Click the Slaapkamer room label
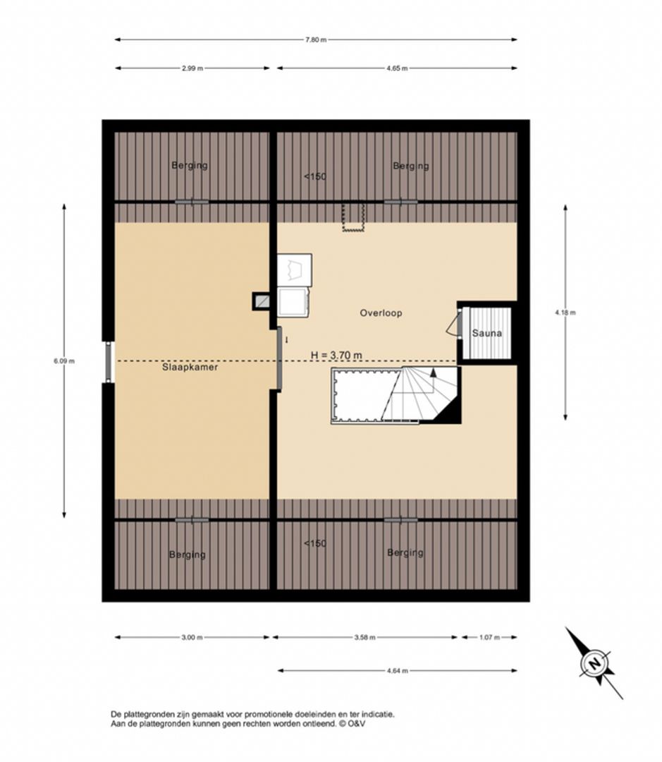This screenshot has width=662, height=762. coord(190,367)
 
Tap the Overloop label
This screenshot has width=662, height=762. coord(381,313)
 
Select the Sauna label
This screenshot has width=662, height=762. coord(486,333)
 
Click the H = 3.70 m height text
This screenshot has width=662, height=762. coord(336,355)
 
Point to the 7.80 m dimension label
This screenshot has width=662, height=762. coord(316,40)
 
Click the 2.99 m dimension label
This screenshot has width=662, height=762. coord(192,68)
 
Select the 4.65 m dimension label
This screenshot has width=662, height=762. coord(397,68)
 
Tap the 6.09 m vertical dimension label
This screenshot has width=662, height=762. coord(64,361)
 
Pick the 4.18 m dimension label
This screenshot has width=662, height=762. coord(565,313)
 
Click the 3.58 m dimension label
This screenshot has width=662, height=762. coord(364,638)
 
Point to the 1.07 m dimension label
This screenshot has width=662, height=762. coord(489,638)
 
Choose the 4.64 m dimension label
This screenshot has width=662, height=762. coord(398,671)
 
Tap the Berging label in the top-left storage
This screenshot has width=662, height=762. coord(190,165)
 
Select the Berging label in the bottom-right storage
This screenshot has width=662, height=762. coord(405,552)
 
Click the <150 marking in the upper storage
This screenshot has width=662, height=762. coord(314,176)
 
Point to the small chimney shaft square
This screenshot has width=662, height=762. coord(262,301)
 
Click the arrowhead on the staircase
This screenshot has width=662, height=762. coord(433,373)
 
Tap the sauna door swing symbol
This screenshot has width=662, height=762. coord(453,324)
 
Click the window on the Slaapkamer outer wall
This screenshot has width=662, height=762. coord(109,361)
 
